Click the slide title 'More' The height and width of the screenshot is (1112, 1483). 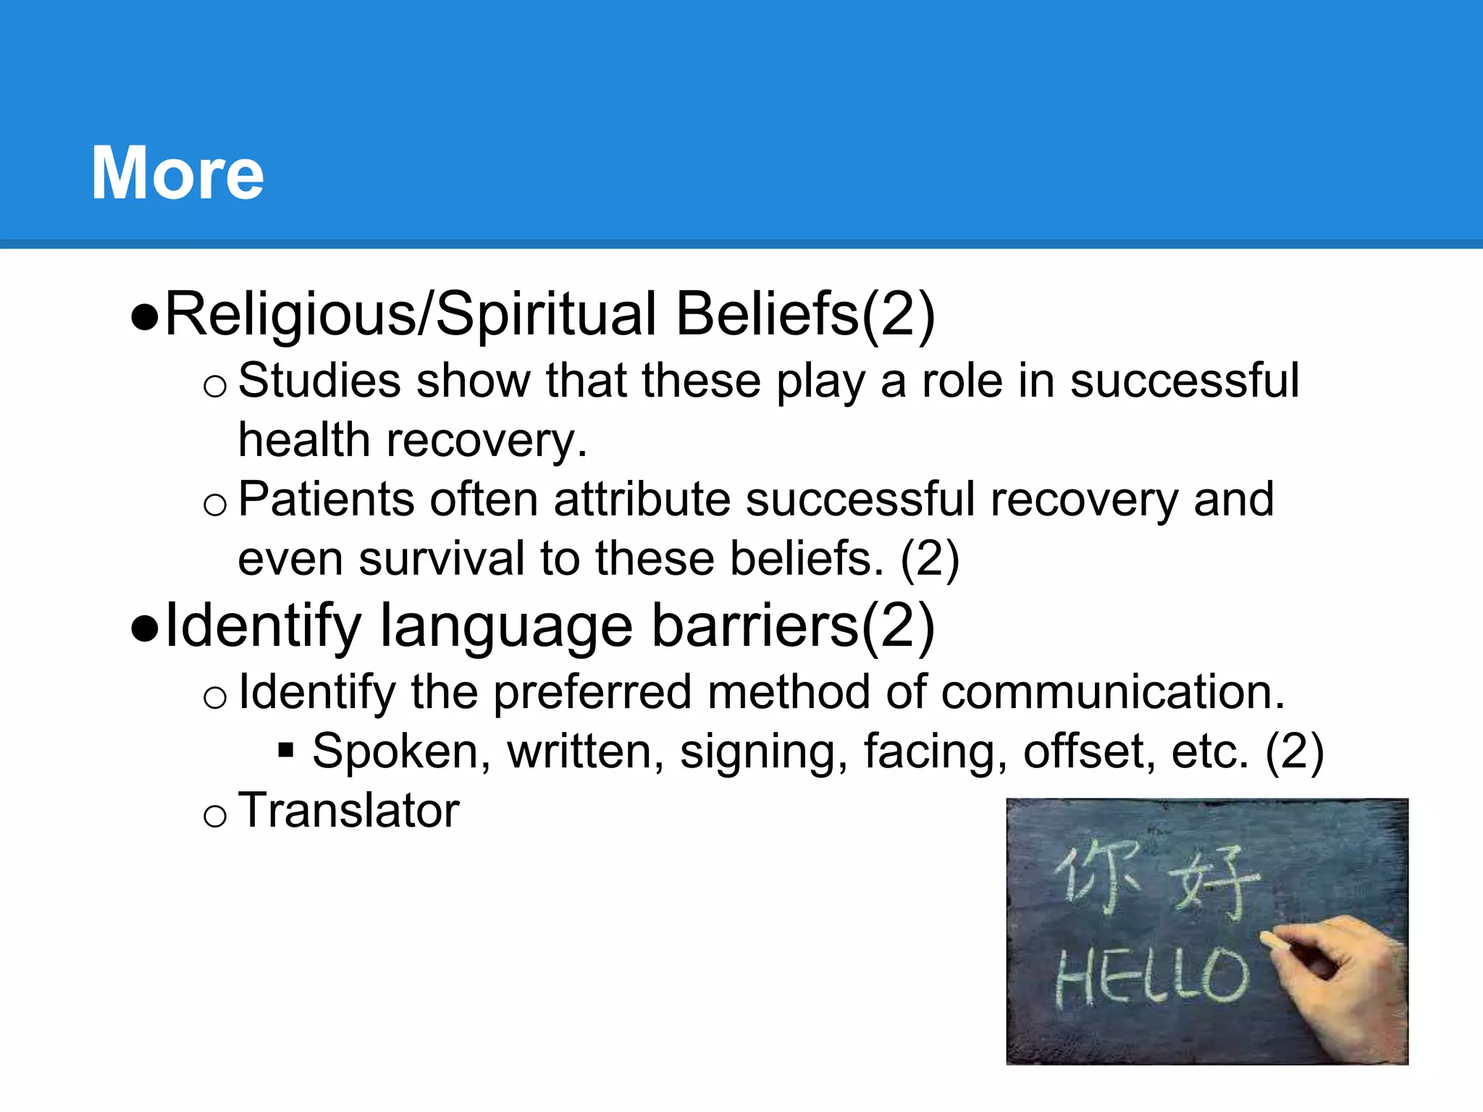tap(177, 173)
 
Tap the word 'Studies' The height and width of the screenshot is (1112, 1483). tap(319, 381)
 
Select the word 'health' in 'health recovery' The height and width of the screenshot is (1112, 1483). tap(304, 440)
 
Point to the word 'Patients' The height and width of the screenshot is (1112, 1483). tap(326, 500)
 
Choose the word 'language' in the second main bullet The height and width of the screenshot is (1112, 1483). tap(506, 626)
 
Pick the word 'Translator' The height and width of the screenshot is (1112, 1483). tap(348, 810)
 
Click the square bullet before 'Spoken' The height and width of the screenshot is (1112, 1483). tap(286, 750)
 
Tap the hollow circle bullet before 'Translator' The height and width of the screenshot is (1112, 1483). tap(215, 817)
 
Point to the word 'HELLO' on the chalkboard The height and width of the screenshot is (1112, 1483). tap(1151, 977)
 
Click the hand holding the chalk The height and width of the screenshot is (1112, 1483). tap(1340, 977)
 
